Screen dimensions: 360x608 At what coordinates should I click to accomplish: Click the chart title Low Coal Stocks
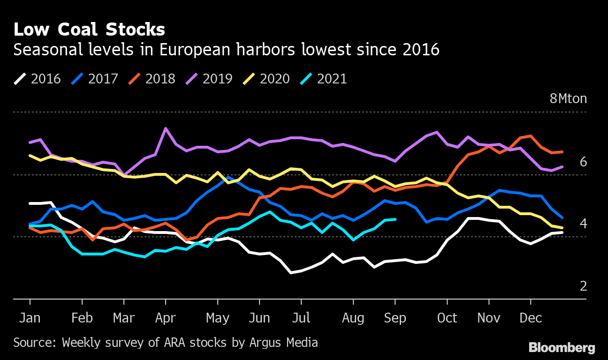[89, 30]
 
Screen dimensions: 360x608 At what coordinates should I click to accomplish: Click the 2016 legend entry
[38, 78]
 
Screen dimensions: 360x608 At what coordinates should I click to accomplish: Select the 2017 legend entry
[95, 78]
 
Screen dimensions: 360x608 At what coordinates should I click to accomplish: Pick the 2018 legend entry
[152, 78]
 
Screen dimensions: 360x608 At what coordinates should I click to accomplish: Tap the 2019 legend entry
[209, 78]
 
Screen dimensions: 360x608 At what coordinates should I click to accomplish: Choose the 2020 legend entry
[266, 78]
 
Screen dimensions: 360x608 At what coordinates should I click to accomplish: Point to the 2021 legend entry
[324, 78]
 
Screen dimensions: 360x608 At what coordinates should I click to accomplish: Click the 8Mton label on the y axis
[568, 99]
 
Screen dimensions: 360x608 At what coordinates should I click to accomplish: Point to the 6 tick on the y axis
[583, 162]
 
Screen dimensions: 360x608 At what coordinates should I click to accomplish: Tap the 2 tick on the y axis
[583, 286]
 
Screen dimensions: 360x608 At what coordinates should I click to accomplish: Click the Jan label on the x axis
[30, 318]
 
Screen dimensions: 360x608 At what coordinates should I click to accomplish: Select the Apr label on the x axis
[165, 318]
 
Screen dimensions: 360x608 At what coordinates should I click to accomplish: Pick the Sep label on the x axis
[395, 318]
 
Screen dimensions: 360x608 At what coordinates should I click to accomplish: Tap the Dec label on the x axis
[531, 318]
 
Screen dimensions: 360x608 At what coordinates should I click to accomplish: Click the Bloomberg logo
[562, 347]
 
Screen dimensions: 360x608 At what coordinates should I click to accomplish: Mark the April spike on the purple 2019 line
[166, 128]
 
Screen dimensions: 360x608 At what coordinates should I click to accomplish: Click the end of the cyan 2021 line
[395, 219]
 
